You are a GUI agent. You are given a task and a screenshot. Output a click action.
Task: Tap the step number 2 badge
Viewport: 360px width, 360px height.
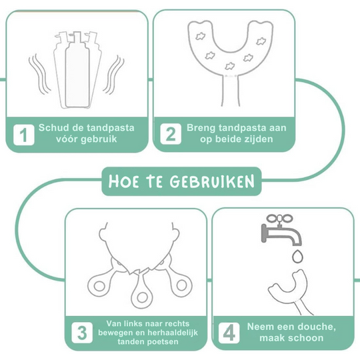[x=170, y=135]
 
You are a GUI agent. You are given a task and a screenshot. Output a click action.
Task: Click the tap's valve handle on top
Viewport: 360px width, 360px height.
[x=275, y=217]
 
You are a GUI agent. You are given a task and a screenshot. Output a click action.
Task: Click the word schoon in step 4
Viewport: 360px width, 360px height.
[x=307, y=338]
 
